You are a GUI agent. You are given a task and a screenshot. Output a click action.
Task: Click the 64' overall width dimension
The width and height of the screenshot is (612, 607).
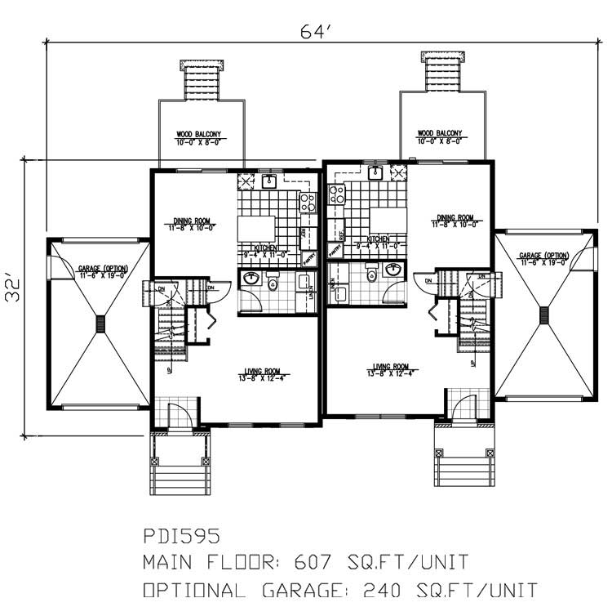(313, 32)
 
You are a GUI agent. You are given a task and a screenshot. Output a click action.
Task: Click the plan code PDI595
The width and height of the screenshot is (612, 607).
(181, 537)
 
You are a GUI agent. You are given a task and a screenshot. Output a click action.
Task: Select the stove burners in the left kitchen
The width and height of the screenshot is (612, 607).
(307, 202)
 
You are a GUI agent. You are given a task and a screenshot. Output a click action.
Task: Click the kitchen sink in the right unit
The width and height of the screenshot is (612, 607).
(376, 172)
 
